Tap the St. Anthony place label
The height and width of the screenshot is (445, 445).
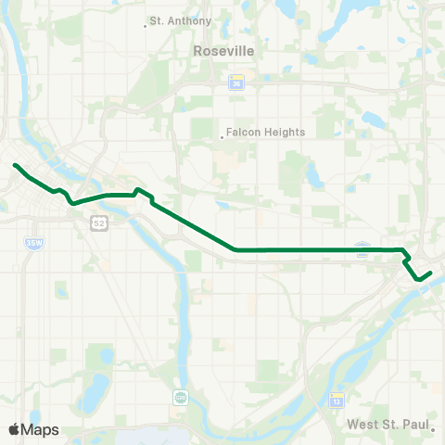coord(181,20)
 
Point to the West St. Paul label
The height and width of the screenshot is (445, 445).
coord(388,425)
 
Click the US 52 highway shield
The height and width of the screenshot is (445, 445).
coord(99,223)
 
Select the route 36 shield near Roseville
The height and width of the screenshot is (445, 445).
coord(235,83)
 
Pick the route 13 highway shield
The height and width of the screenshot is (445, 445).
coord(336,400)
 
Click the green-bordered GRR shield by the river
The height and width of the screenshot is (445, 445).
coord(180,398)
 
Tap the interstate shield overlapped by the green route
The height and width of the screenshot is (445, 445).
coord(362,249)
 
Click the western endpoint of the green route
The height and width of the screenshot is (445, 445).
coord(15,165)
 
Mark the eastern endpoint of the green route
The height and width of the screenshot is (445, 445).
coord(431,273)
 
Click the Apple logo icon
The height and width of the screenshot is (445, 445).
coord(15,429)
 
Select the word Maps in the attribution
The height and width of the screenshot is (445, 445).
coord(41,429)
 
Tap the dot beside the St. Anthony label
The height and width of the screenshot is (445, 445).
coord(146,25)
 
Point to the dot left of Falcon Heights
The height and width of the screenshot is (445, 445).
coord(222,137)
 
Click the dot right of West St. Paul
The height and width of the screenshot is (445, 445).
coord(434,428)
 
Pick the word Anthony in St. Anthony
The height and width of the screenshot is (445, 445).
coord(189,20)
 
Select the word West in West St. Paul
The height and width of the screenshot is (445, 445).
coord(362,425)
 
